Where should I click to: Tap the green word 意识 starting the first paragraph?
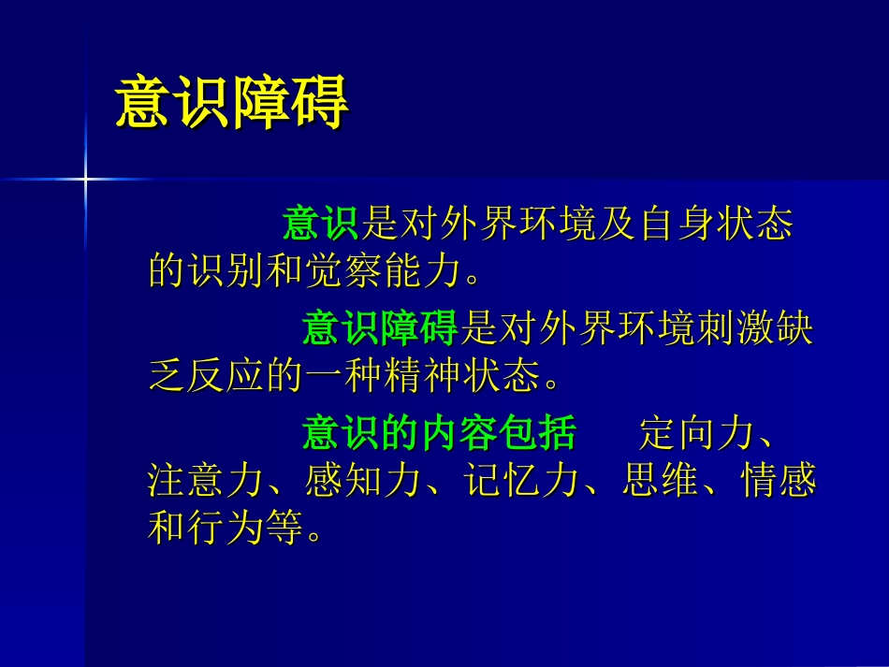320,225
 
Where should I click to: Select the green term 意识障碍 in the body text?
379,328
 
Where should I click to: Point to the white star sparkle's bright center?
85,177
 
